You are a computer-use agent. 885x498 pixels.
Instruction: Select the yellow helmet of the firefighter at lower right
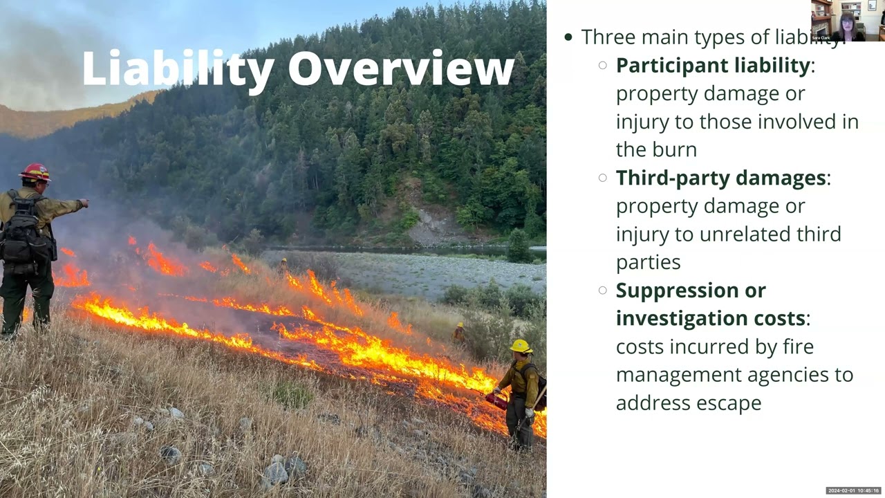[x=520, y=346]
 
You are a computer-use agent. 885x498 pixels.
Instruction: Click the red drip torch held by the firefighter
[x=496, y=400]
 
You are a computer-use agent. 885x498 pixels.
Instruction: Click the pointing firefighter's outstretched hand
[x=84, y=203]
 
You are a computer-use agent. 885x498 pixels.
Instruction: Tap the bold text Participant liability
[x=713, y=65]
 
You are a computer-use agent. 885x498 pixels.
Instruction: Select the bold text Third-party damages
[x=721, y=178]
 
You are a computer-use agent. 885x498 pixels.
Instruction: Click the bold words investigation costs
[x=711, y=318]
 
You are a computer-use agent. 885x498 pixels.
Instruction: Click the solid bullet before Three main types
[x=568, y=37]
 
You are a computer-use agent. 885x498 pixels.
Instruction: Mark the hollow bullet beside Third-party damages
[x=603, y=178]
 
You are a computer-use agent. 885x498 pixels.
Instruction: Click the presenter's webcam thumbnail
[x=848, y=21]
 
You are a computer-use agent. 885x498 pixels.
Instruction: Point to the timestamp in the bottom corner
[x=853, y=491]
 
